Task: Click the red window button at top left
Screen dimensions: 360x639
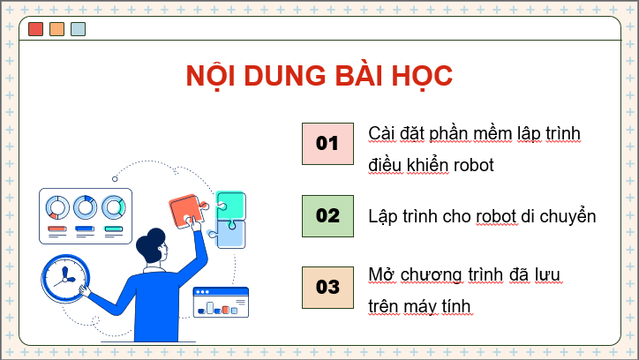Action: (x=35, y=29)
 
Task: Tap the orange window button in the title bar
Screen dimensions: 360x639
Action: (x=56, y=29)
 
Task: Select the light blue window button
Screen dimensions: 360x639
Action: (x=78, y=29)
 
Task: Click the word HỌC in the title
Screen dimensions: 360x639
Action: (x=420, y=76)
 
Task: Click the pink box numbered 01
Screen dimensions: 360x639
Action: (x=327, y=142)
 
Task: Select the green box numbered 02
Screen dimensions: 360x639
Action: (x=327, y=215)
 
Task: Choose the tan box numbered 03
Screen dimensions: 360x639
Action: (x=327, y=287)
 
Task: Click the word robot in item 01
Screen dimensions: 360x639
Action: (x=470, y=165)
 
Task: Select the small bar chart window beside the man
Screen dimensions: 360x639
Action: (x=221, y=302)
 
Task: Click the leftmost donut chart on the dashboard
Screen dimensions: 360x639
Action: (x=57, y=207)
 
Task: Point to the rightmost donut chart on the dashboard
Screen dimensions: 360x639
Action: (x=114, y=207)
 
